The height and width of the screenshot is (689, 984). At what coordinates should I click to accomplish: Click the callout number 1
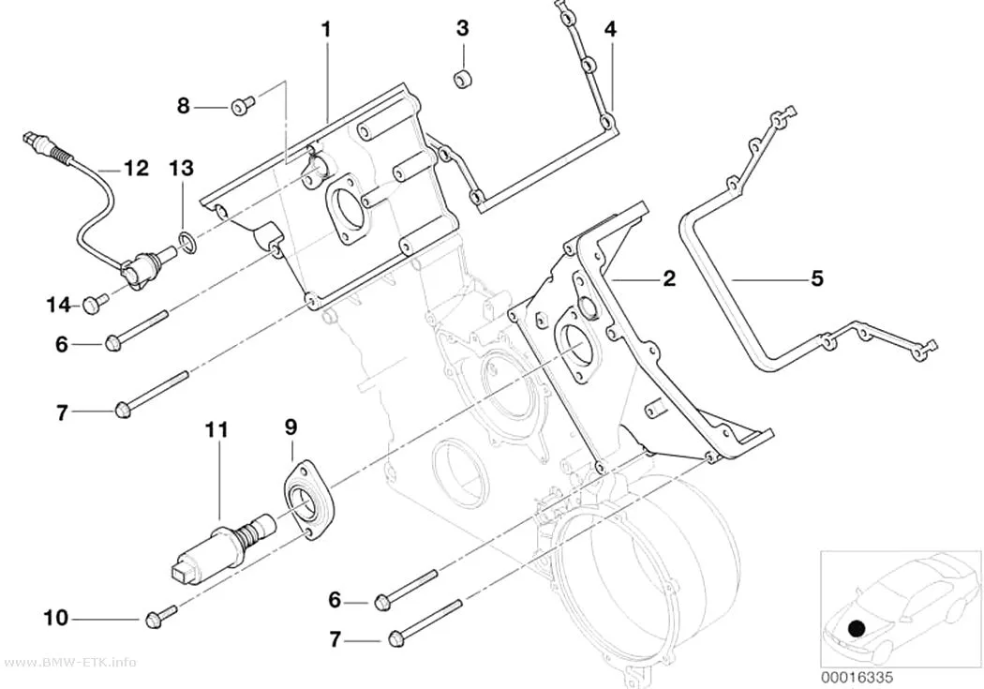(x=326, y=29)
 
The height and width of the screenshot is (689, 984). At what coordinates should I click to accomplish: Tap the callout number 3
(x=463, y=28)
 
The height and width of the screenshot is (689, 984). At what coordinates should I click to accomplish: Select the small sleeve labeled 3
(x=463, y=80)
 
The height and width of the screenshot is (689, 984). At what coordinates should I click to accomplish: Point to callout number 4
(x=610, y=28)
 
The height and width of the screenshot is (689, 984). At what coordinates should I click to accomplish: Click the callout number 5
(x=816, y=278)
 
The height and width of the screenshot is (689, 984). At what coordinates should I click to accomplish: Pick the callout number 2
(x=670, y=278)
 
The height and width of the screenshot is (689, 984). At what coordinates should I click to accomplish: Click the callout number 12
(x=136, y=168)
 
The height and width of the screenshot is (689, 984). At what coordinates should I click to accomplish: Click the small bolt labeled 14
(x=93, y=305)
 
